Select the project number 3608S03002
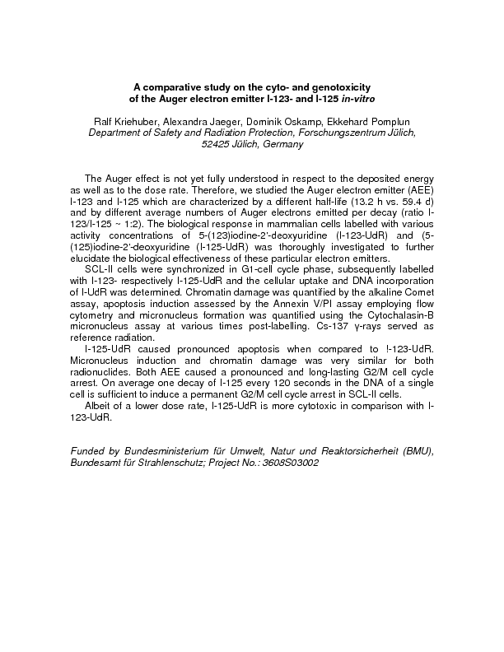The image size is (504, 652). click(287, 463)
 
